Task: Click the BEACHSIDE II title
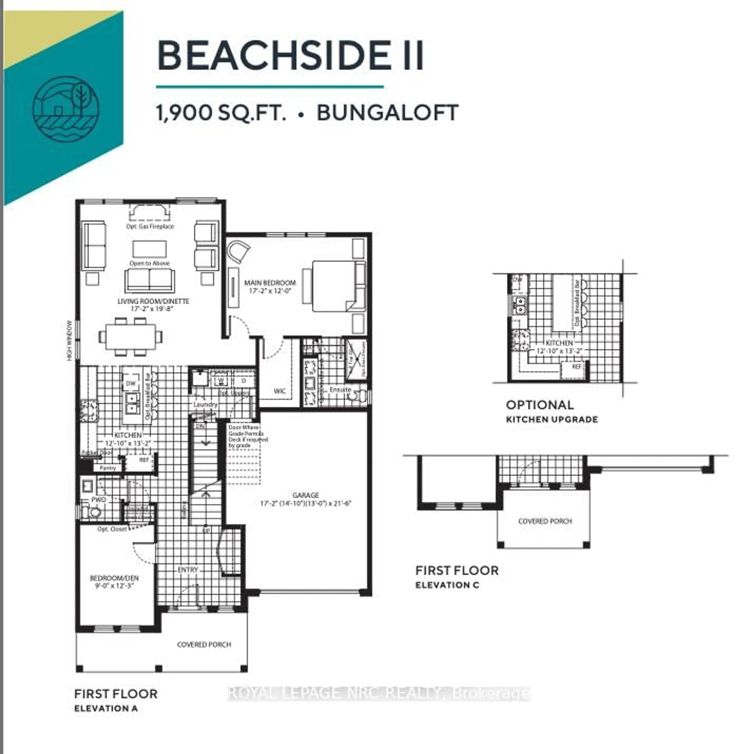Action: click(x=290, y=56)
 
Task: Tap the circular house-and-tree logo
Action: click(x=66, y=109)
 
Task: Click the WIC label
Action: click(x=279, y=391)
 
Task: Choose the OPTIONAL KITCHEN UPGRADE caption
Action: click(x=552, y=411)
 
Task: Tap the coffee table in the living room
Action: click(x=149, y=249)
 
